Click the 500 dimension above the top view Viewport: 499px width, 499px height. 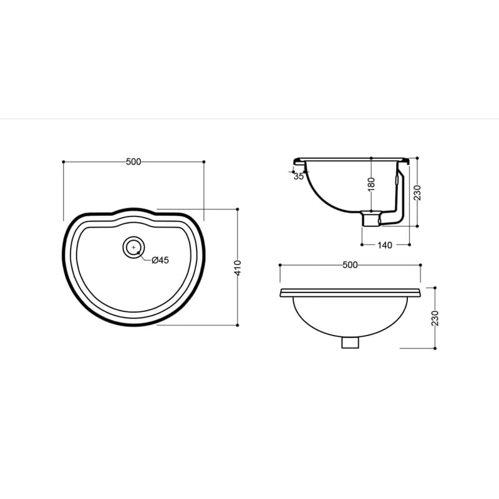click(133, 162)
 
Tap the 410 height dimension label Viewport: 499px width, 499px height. click(238, 268)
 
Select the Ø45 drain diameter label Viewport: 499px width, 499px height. click(160, 260)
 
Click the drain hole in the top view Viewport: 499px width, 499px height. click(133, 247)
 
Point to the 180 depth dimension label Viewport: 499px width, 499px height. click(371, 185)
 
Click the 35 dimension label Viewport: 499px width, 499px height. click(299, 177)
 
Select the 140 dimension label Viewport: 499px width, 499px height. click(385, 245)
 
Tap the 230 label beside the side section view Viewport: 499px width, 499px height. click(417, 192)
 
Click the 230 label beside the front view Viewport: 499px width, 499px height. click(435, 318)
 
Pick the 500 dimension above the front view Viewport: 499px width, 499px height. click(350, 264)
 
